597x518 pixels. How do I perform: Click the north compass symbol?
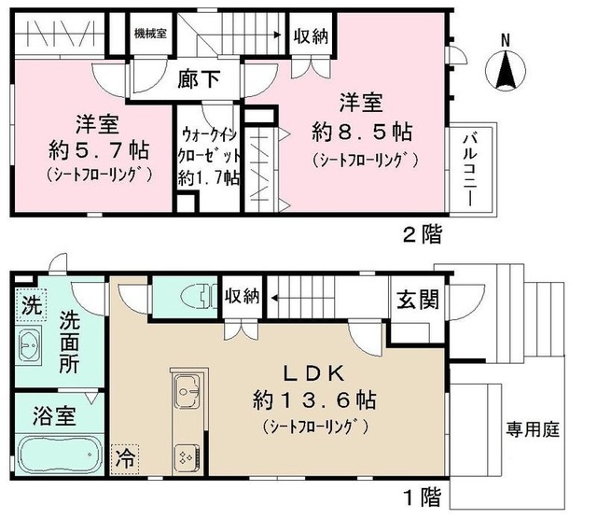point(506,70)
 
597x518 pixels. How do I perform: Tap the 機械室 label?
point(150,34)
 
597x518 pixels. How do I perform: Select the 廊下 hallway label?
point(199,79)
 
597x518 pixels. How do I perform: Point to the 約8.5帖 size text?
point(362,133)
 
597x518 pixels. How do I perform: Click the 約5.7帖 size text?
point(98,150)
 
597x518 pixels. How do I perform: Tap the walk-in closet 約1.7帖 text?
point(209,178)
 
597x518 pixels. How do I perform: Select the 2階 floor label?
point(423,234)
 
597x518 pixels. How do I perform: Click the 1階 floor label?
point(423,497)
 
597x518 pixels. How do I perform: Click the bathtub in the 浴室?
point(60,455)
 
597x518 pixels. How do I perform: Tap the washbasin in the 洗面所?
point(29,346)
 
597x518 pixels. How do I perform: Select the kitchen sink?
point(187,390)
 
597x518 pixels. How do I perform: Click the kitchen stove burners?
point(187,458)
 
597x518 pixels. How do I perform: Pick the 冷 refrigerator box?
point(125,459)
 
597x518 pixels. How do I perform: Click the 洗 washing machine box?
point(31,304)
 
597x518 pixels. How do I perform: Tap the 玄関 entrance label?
point(418,300)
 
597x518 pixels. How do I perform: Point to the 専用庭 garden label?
point(533,430)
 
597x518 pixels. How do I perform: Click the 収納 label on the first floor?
point(243,296)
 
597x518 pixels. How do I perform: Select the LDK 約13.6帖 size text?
point(315,400)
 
